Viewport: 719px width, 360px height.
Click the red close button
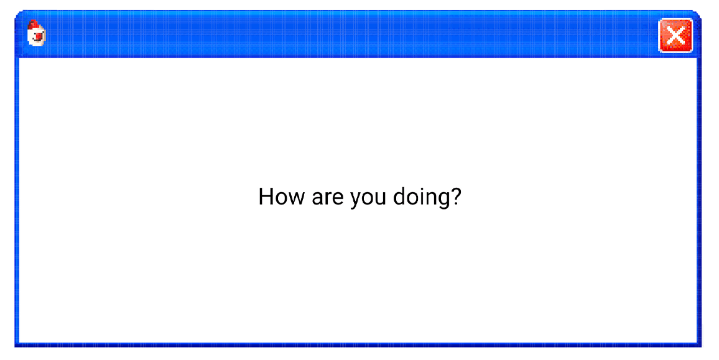click(x=675, y=35)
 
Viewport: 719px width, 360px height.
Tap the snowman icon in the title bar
click(x=36, y=33)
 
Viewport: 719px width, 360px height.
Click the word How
click(x=281, y=196)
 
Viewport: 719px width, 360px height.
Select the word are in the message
click(x=327, y=198)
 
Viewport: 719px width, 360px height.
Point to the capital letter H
click(x=266, y=196)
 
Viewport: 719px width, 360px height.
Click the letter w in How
click(x=297, y=198)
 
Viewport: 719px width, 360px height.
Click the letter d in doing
click(x=399, y=196)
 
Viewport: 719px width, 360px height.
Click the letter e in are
click(x=338, y=198)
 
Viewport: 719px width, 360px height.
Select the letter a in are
click(x=317, y=198)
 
